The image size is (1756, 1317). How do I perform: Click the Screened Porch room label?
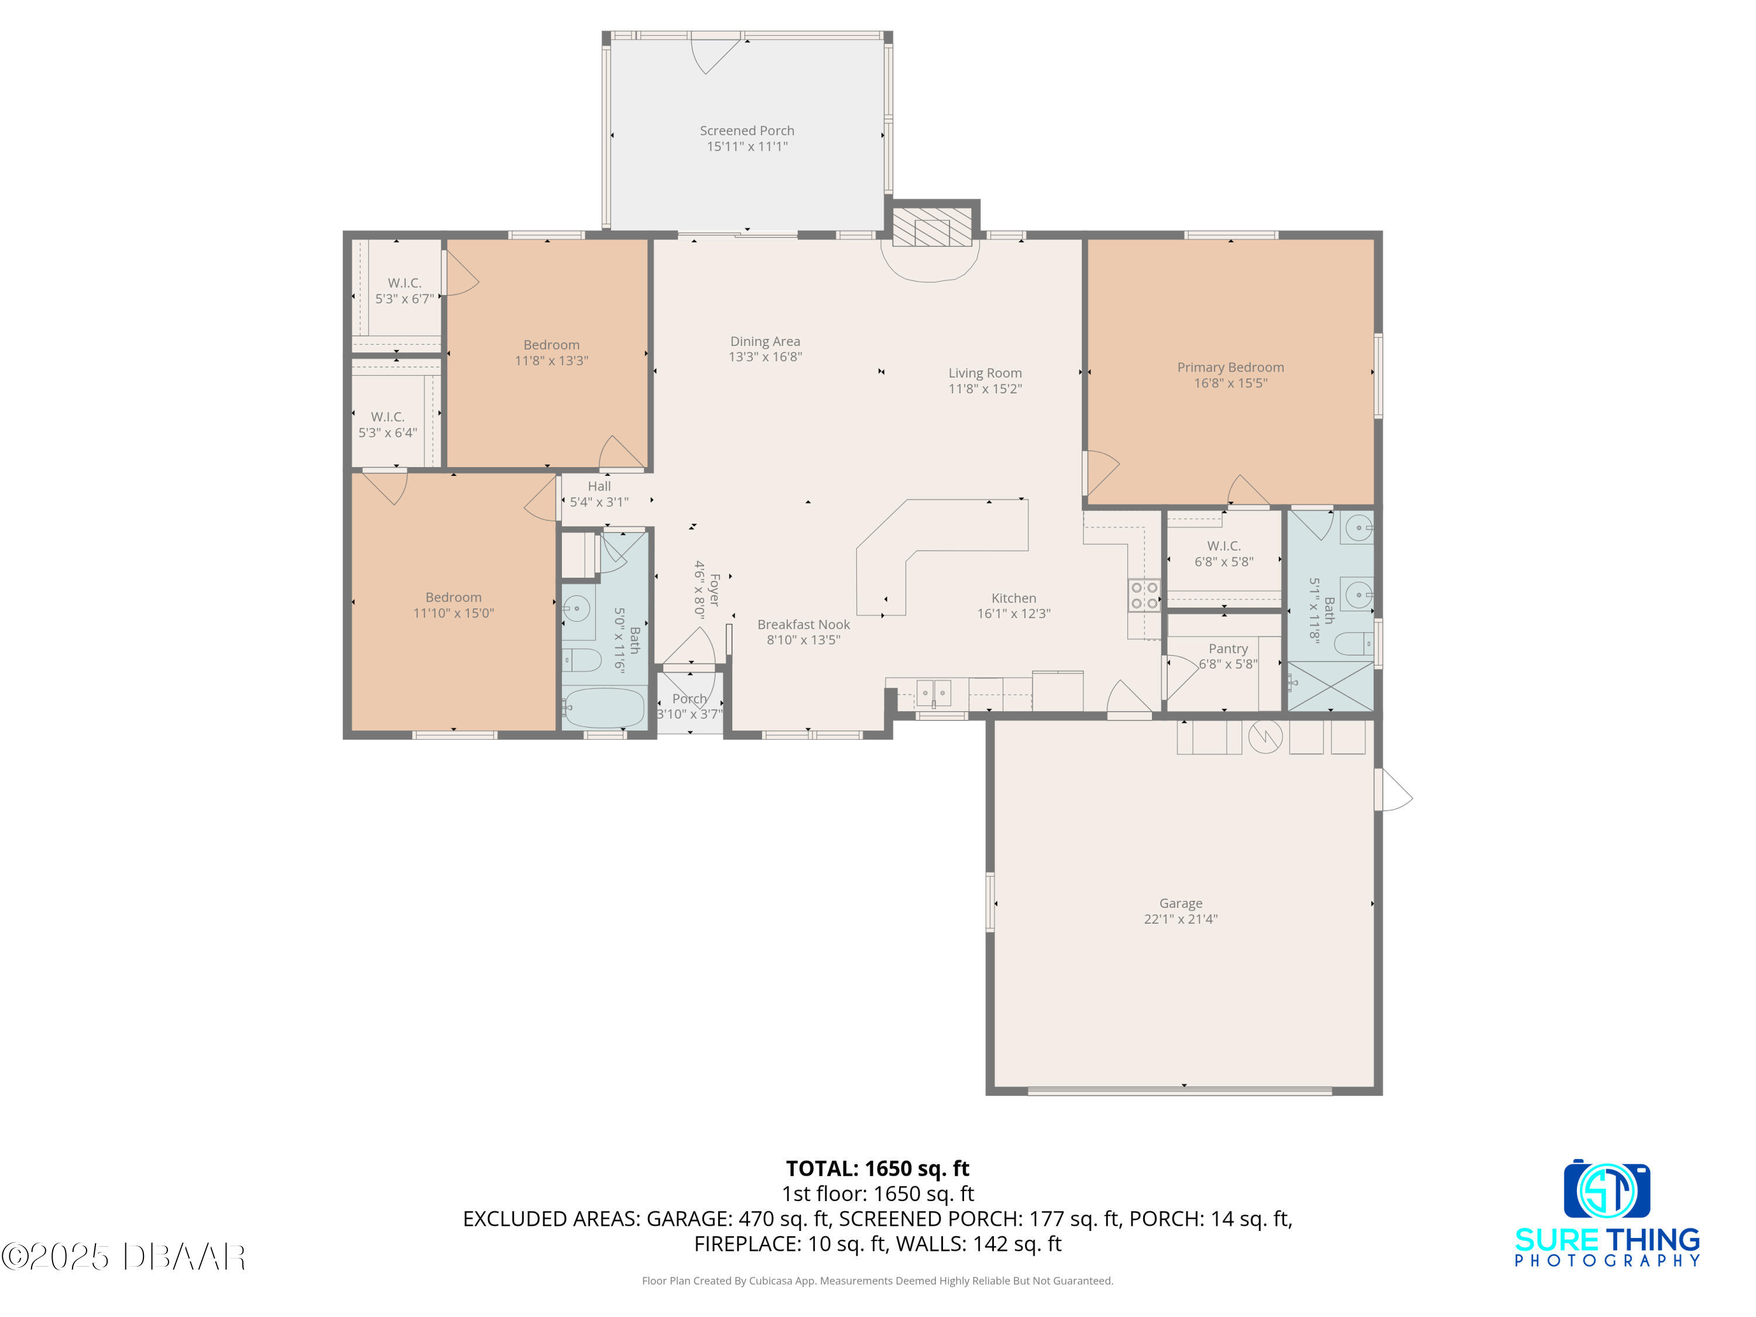coord(746,130)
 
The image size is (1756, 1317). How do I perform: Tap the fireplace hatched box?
coord(932,227)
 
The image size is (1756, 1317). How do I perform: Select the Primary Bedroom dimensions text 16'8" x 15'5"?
coord(1230,383)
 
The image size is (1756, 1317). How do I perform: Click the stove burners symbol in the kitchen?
coord(1144,595)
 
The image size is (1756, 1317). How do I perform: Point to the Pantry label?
coord(1227,649)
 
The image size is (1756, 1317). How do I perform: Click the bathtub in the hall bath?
coord(604,707)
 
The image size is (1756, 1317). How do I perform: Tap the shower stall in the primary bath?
coord(1330,686)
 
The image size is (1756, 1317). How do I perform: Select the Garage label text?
coord(1181,903)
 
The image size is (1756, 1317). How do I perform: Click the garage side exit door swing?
coord(1395,790)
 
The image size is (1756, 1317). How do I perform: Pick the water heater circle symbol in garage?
coord(1265,737)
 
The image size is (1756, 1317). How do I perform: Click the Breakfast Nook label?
coord(804,625)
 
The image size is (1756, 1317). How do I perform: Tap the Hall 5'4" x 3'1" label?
coord(599,494)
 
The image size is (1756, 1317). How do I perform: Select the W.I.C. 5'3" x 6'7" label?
coord(404,290)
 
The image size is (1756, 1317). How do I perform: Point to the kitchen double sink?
coord(934,692)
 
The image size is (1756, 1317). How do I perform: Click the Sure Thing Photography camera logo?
coord(1607,1190)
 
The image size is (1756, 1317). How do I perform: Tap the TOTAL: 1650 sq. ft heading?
coord(877,1168)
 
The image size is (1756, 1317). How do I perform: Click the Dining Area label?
coord(764,341)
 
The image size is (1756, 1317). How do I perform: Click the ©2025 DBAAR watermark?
coord(123,1257)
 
